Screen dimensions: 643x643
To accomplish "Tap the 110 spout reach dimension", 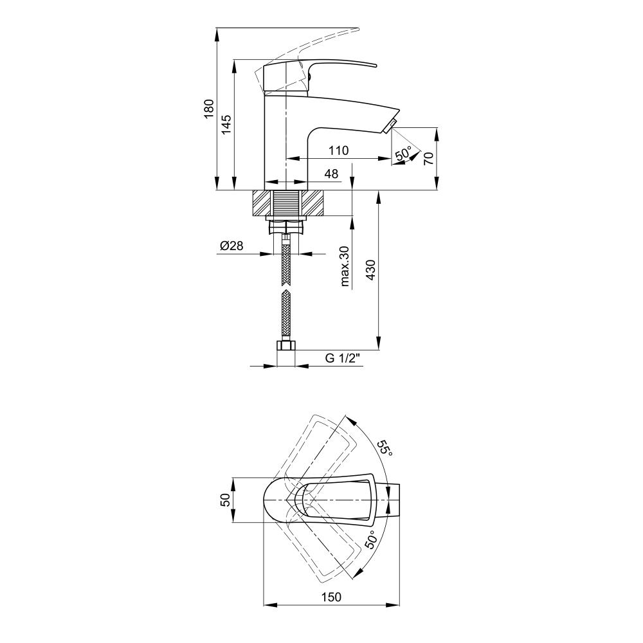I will tap(338, 150).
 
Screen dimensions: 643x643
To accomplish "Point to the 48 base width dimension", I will tap(331, 174).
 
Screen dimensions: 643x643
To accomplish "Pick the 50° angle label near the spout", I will tap(403, 154).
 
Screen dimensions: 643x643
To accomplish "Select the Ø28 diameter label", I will tap(231, 246).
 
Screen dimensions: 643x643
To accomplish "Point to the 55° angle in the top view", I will tap(385, 448).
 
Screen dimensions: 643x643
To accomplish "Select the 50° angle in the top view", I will tap(370, 539).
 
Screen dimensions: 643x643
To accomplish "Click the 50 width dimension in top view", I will tap(225, 500).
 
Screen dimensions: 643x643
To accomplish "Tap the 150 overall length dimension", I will tap(331, 597).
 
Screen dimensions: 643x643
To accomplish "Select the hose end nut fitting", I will tap(285, 348).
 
